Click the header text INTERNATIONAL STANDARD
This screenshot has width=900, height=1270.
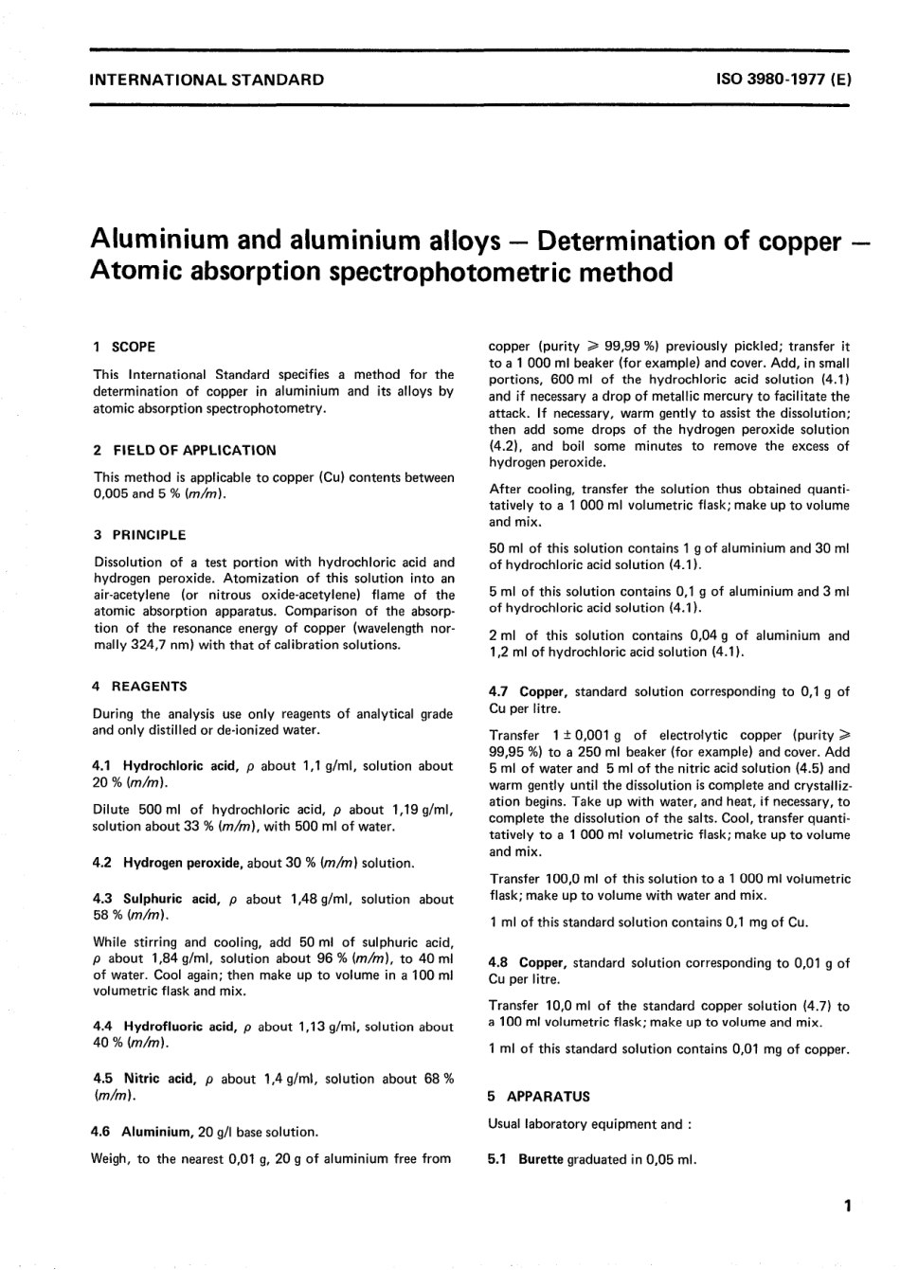click(206, 80)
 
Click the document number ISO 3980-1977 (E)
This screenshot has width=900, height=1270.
click(785, 80)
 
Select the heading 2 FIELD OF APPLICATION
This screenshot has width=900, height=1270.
click(185, 450)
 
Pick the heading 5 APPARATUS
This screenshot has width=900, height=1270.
click(538, 1096)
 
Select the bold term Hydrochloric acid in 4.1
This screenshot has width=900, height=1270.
click(176, 765)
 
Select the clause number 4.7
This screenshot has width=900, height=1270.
click(499, 691)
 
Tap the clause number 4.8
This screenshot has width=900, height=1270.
click(499, 962)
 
